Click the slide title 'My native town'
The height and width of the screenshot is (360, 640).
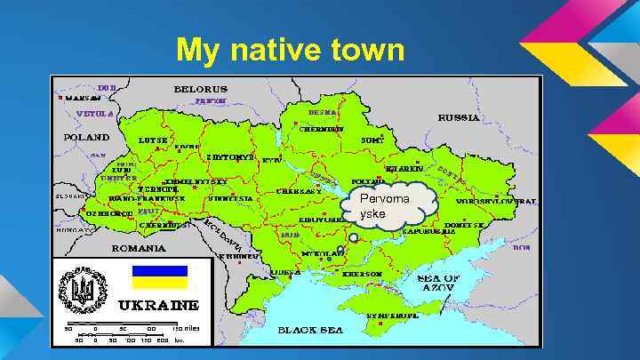click(x=290, y=50)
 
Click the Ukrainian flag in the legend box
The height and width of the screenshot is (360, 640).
click(x=159, y=277)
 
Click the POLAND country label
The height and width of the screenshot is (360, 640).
click(x=85, y=138)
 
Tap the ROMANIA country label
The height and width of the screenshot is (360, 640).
click(x=137, y=249)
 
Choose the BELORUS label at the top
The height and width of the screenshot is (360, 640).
click(x=200, y=89)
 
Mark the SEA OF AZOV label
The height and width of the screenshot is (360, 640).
click(x=438, y=283)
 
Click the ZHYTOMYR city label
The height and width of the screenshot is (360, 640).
click(x=231, y=156)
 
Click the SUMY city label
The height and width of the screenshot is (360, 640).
click(x=371, y=140)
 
